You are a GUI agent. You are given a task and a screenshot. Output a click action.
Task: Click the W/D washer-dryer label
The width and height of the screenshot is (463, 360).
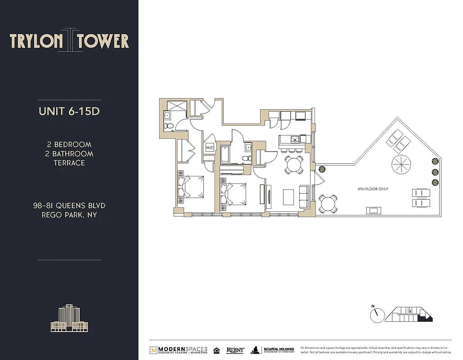click(x=210, y=148)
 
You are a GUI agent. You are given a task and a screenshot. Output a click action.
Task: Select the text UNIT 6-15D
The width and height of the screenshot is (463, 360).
click(x=69, y=111)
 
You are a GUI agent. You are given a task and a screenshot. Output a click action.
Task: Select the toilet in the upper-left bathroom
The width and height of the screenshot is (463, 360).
click(x=168, y=126)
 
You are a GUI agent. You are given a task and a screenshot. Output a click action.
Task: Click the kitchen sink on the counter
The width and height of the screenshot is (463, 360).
click(x=294, y=139)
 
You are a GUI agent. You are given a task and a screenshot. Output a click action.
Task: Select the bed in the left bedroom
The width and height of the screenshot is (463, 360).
click(x=191, y=188)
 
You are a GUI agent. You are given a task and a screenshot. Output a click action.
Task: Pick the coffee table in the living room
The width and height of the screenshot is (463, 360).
click(x=288, y=197)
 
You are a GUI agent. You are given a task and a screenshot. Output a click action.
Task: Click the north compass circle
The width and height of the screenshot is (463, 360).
click(x=377, y=315)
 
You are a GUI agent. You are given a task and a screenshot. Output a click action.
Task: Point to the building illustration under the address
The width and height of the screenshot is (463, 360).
click(x=69, y=319)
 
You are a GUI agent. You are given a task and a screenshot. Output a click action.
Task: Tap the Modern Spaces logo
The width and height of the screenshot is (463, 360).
click(x=179, y=350)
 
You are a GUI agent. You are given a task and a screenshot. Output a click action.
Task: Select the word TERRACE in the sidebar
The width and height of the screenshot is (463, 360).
click(x=69, y=163)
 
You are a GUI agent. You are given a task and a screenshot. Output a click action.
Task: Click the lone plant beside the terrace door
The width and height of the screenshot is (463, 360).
click(x=322, y=170)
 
